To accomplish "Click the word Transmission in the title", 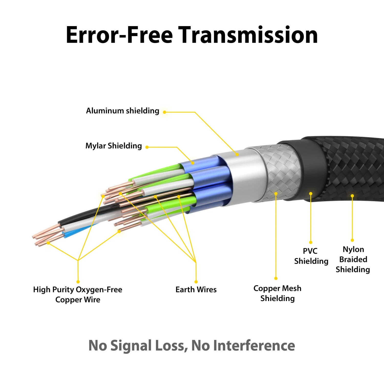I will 248,35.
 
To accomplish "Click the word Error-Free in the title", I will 119,35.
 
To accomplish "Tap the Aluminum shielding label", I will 122,111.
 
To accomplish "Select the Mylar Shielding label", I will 113,146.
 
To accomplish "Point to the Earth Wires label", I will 196,290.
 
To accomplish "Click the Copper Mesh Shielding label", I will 277,293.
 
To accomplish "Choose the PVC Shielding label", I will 311,256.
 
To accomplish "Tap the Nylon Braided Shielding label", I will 353,259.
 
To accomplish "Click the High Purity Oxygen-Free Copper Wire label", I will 78,294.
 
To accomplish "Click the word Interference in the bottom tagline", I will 254,346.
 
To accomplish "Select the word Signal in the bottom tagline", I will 131,346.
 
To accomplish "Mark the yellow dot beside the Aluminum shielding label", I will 165,112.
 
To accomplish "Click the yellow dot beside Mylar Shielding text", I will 147,147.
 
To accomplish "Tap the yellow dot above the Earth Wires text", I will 196,282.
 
